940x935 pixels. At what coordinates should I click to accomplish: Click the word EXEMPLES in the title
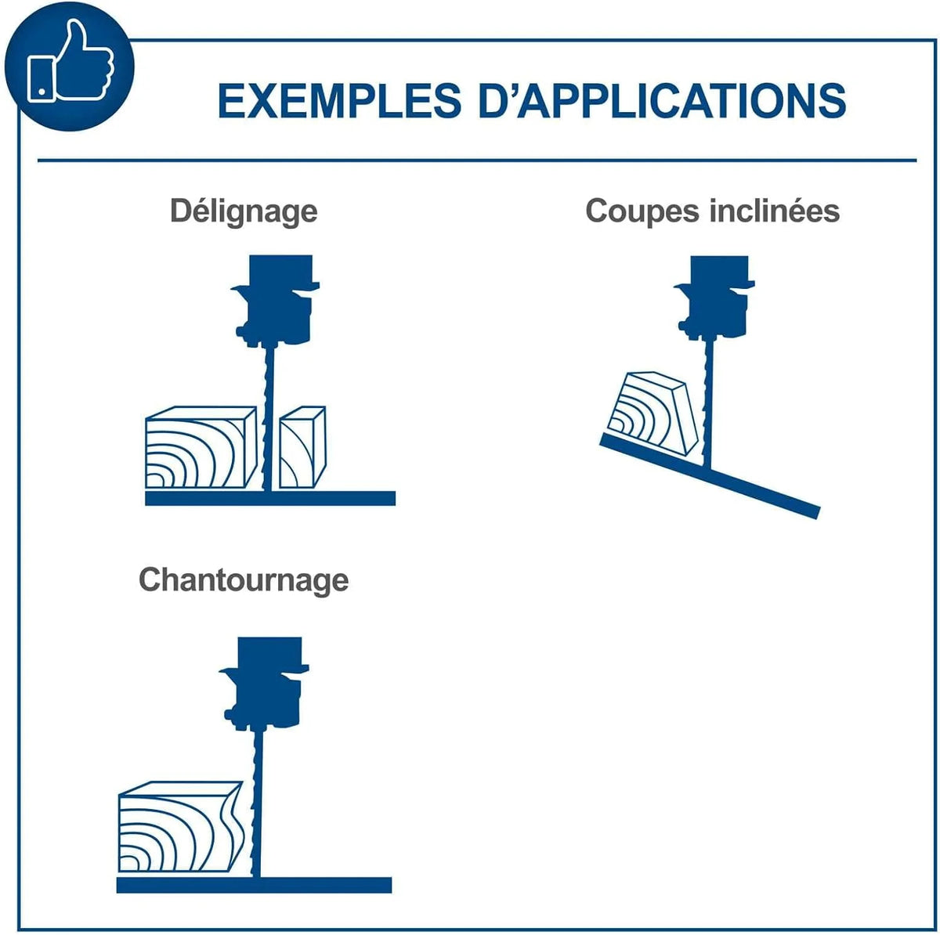pos(339,101)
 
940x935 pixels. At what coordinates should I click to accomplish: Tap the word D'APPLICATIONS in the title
pos(662,100)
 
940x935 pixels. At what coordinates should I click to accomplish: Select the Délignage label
pos(244,211)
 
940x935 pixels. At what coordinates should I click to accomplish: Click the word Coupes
pos(642,211)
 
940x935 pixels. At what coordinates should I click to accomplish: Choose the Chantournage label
pos(244,580)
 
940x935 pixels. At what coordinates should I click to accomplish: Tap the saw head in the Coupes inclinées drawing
pos(714,298)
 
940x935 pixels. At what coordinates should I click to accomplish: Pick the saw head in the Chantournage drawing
pos(265,683)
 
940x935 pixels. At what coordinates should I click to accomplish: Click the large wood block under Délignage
pos(201,447)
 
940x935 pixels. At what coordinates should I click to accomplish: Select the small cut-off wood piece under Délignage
pos(302,447)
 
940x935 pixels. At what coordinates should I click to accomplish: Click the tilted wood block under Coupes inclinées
pos(653,413)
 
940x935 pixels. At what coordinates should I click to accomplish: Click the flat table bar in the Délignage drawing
pos(270,499)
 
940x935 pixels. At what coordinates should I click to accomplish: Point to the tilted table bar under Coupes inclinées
pos(710,475)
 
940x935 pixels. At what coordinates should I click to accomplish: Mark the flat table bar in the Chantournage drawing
pos(254,885)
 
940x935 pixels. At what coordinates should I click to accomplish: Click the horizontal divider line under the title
pos(477,160)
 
